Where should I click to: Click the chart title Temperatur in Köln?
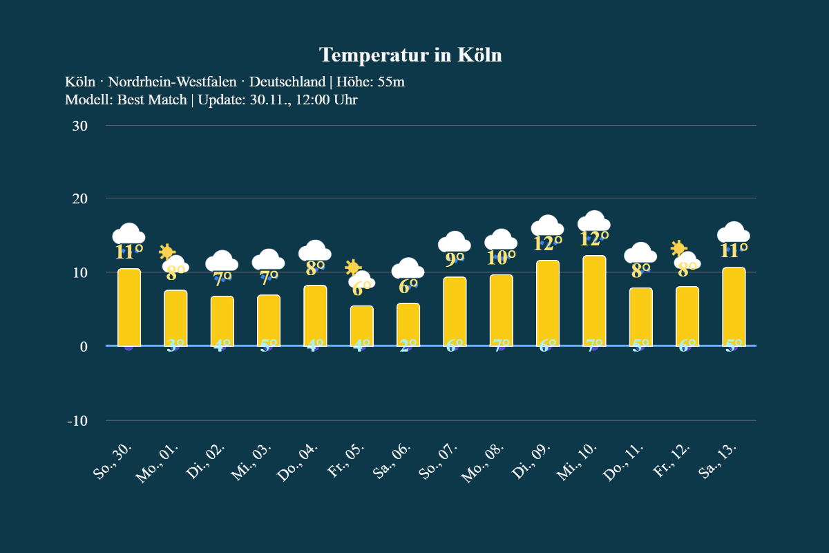click(410, 55)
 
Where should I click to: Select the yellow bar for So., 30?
click(129, 308)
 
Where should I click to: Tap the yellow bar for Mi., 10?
click(594, 301)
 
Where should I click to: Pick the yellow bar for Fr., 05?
click(362, 326)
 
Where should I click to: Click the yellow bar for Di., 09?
click(548, 303)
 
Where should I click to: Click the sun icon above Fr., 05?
click(353, 268)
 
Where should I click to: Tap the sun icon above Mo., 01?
click(166, 252)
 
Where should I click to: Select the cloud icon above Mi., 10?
click(594, 221)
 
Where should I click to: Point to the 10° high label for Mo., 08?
click(502, 258)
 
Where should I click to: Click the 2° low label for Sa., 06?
click(408, 346)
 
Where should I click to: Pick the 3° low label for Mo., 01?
click(175, 346)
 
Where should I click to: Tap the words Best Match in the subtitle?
click(152, 100)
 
